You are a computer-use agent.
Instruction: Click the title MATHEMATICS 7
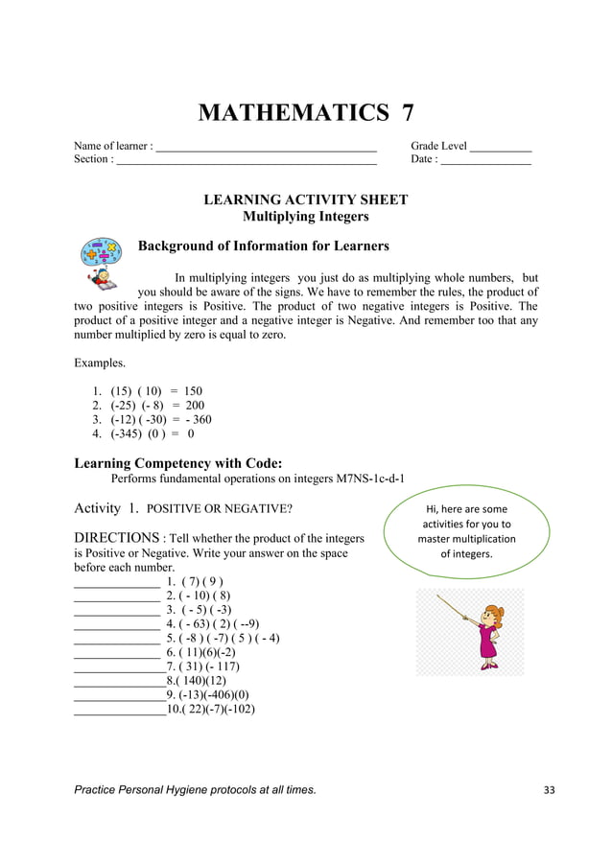click(305, 113)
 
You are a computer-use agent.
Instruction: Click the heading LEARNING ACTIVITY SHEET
click(305, 199)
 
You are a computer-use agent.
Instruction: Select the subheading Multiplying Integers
click(305, 217)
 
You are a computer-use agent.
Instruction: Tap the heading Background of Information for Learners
click(264, 246)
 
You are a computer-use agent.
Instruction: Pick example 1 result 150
click(192, 391)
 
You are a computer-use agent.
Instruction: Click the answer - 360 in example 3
click(194, 419)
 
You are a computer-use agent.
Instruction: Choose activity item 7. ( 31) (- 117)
click(202, 666)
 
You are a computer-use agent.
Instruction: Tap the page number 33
click(549, 790)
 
